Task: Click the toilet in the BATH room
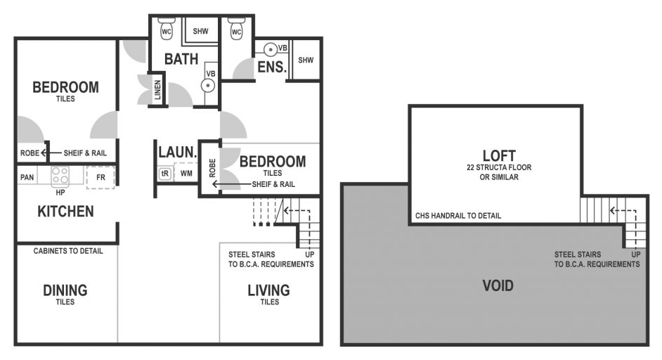pyautogui.click(x=167, y=29)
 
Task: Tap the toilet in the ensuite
pyautogui.click(x=236, y=29)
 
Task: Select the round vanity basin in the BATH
pyautogui.click(x=208, y=86)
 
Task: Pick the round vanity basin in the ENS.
pyautogui.click(x=271, y=50)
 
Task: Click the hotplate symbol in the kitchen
pyautogui.click(x=60, y=177)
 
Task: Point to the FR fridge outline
pyautogui.click(x=100, y=177)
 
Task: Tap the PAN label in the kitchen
pyautogui.click(x=27, y=177)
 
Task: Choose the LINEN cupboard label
pyautogui.click(x=157, y=89)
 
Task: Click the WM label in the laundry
pyautogui.click(x=186, y=173)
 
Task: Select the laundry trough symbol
pyautogui.click(x=164, y=174)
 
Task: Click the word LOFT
pyautogui.click(x=499, y=155)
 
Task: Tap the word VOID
pyautogui.click(x=498, y=285)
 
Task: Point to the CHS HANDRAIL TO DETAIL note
pyautogui.click(x=458, y=215)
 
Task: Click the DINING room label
pyautogui.click(x=65, y=290)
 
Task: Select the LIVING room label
pyautogui.click(x=269, y=290)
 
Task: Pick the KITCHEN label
pyautogui.click(x=65, y=211)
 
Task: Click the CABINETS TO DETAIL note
pyautogui.click(x=68, y=251)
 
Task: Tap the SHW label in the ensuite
pyautogui.click(x=306, y=60)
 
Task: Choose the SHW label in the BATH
pyautogui.click(x=200, y=31)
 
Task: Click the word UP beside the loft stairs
pyautogui.click(x=636, y=255)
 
